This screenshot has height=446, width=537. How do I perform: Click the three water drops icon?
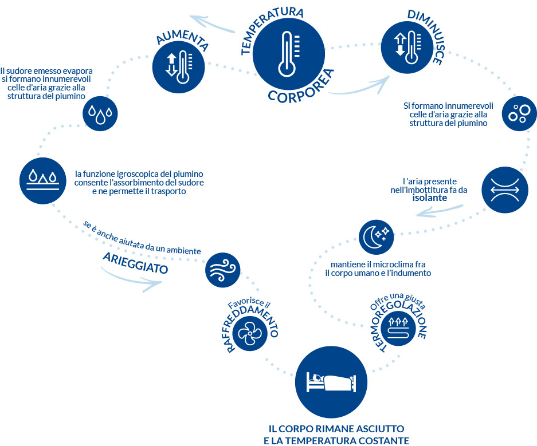101,114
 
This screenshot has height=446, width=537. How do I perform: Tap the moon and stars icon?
377,236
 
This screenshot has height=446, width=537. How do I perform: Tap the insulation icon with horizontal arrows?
503,188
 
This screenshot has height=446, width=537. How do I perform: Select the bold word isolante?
429,198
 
